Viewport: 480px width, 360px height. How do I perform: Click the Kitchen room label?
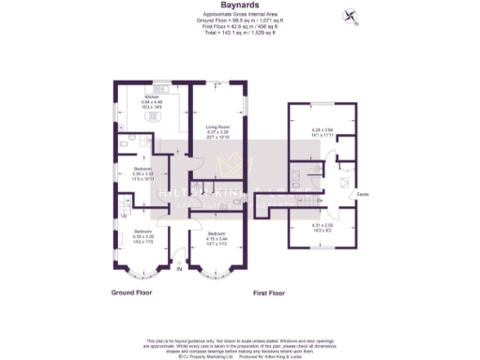click(x=152, y=97)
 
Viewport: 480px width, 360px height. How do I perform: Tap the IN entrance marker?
click(x=179, y=272)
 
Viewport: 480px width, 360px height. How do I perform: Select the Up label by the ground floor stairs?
click(x=124, y=217)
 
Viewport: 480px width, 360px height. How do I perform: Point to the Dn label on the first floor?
click(x=320, y=200)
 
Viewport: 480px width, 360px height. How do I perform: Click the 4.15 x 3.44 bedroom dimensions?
click(x=217, y=237)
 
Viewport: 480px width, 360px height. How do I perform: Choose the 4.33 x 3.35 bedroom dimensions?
click(x=142, y=237)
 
